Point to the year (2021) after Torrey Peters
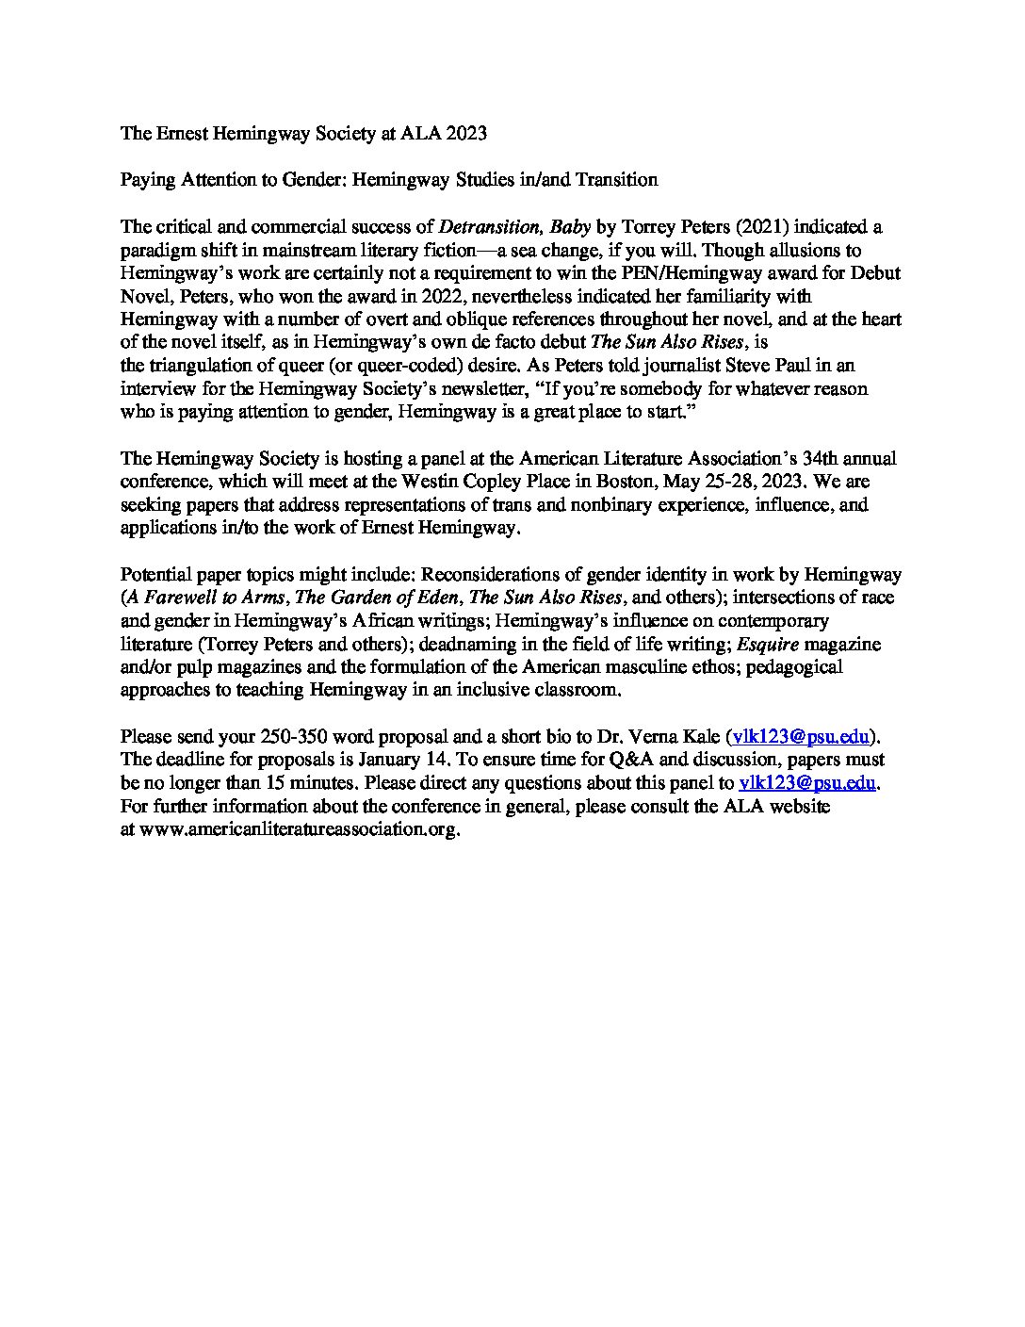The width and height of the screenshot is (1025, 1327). [741, 227]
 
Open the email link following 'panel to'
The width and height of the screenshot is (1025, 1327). [808, 783]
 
